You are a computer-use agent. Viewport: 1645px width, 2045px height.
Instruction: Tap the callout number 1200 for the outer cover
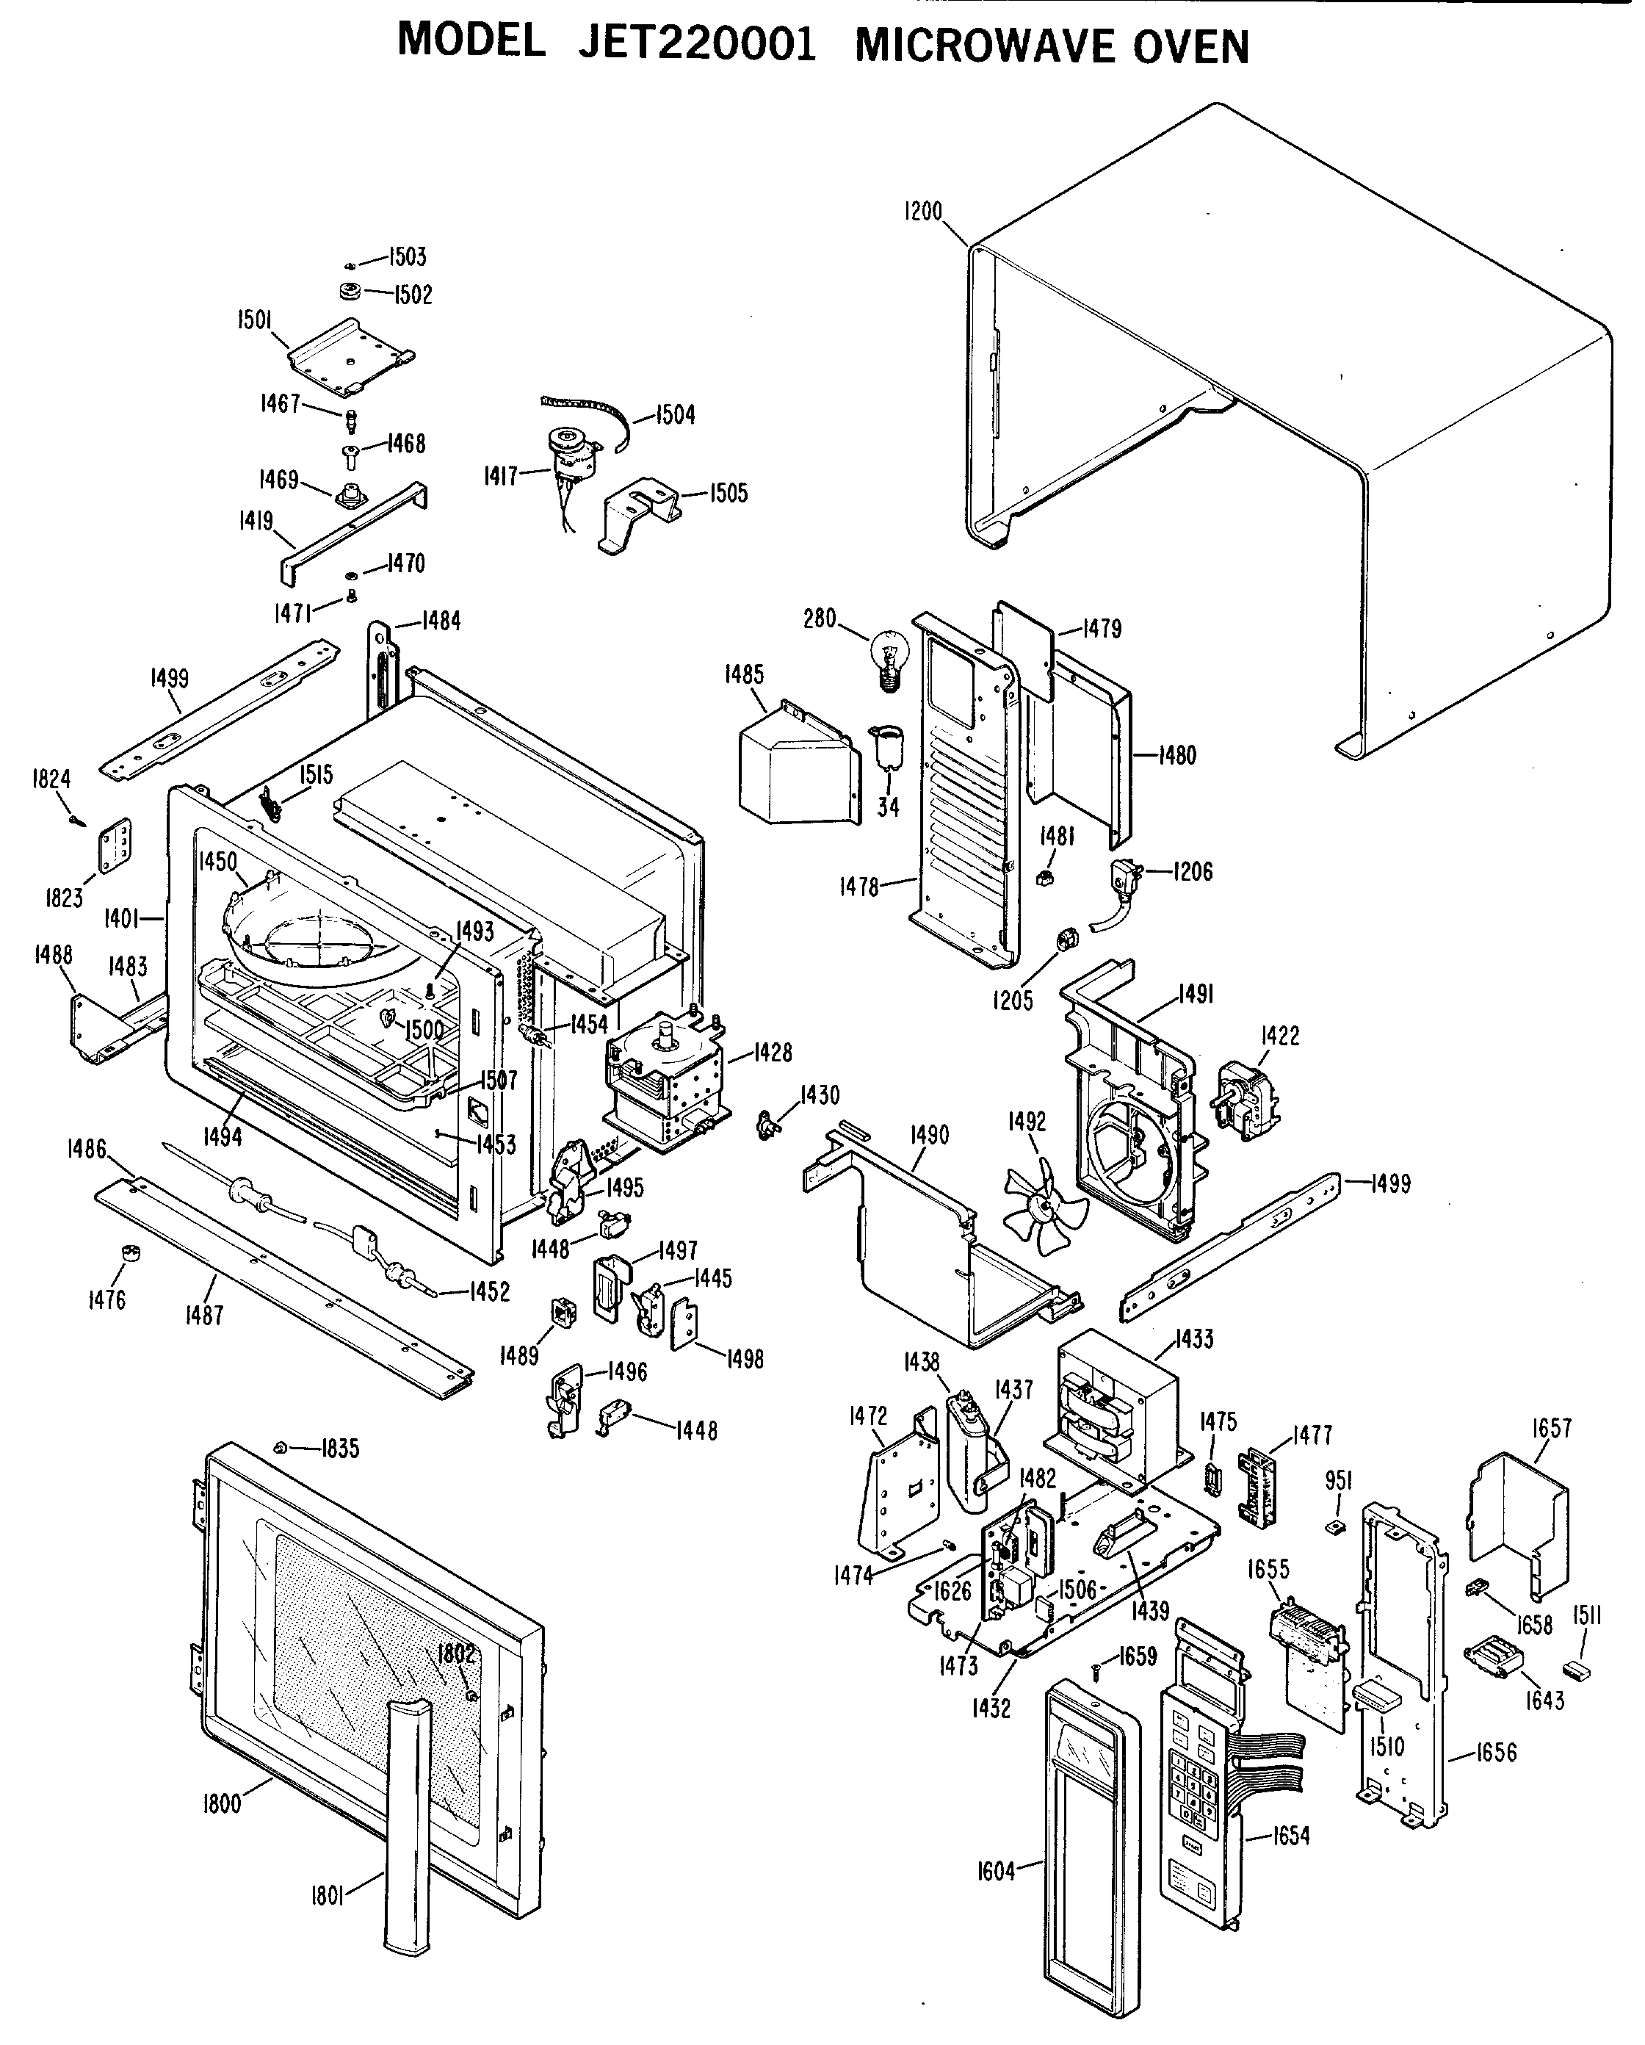922,211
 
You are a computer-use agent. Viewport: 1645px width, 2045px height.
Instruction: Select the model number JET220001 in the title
697,43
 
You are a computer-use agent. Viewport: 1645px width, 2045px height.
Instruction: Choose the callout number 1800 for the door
221,1803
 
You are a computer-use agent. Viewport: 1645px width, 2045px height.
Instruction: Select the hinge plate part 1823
117,843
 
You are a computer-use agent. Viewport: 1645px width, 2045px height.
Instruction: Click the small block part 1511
1577,1670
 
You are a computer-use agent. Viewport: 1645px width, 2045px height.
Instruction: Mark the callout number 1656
1496,1753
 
